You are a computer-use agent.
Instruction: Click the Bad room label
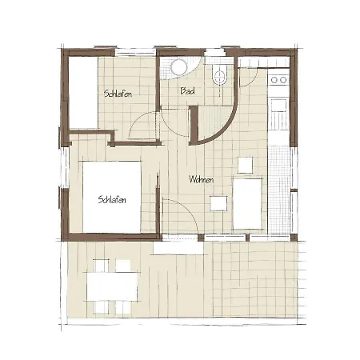tap(187, 91)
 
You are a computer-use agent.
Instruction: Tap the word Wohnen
tap(202, 179)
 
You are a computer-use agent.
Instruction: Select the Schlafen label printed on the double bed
tap(112, 199)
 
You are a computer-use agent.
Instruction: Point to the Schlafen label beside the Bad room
tap(118, 94)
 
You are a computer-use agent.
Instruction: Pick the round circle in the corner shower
tap(179, 66)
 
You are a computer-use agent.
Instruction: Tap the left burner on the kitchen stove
tap(274, 79)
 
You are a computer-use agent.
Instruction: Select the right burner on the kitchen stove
tap(283, 79)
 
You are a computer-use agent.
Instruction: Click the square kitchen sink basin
tap(279, 105)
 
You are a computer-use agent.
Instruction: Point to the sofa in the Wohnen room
tap(248, 204)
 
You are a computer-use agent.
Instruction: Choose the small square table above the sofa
tap(245, 165)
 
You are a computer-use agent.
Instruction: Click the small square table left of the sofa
tap(218, 203)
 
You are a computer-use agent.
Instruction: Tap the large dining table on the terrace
tap(112, 286)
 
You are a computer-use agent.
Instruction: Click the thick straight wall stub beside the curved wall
tap(194, 125)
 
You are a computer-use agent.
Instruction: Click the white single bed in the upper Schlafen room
tap(83, 93)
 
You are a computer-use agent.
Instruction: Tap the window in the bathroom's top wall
tap(215, 52)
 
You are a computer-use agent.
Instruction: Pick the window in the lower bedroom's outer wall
tap(65, 167)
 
